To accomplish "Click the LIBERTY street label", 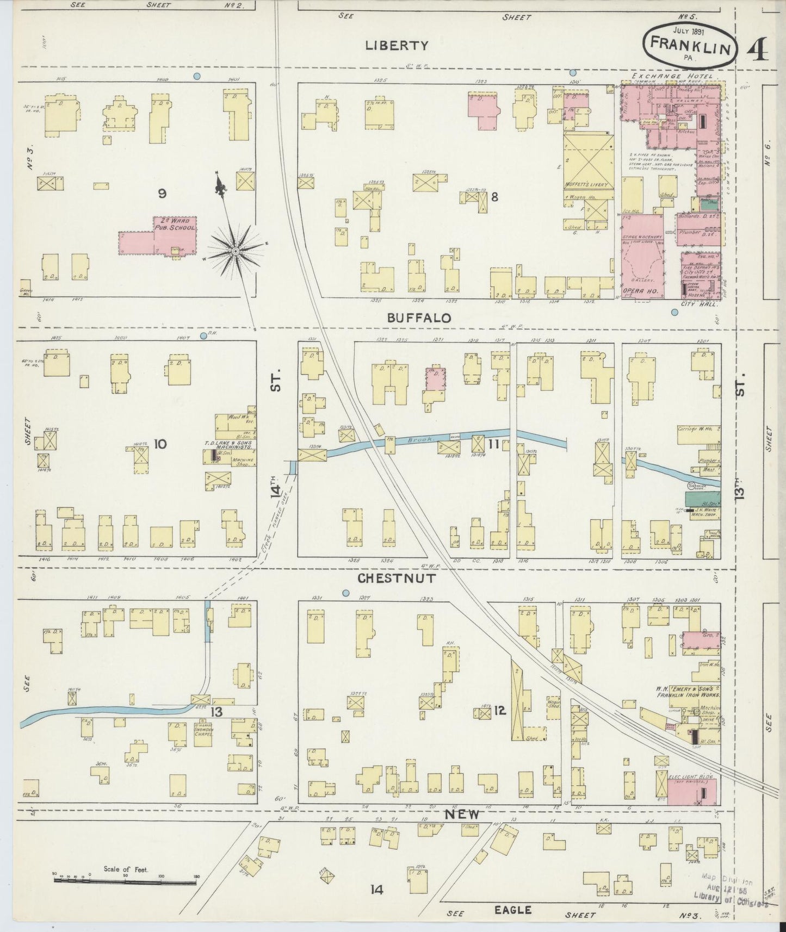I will (397, 46).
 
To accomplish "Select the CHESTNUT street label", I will (397, 578).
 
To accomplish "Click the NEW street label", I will (463, 814).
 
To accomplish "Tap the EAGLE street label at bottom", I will (513, 909).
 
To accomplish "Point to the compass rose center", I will (235, 251).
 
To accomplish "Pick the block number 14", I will (376, 890).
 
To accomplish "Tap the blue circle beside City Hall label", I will (674, 313).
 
